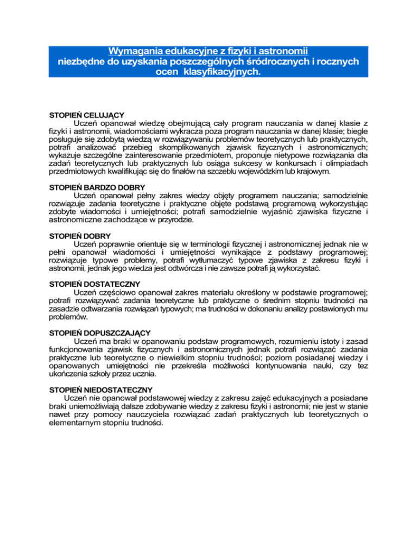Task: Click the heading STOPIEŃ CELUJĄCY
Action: (x=87, y=116)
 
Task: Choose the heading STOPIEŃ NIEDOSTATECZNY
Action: (x=101, y=390)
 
